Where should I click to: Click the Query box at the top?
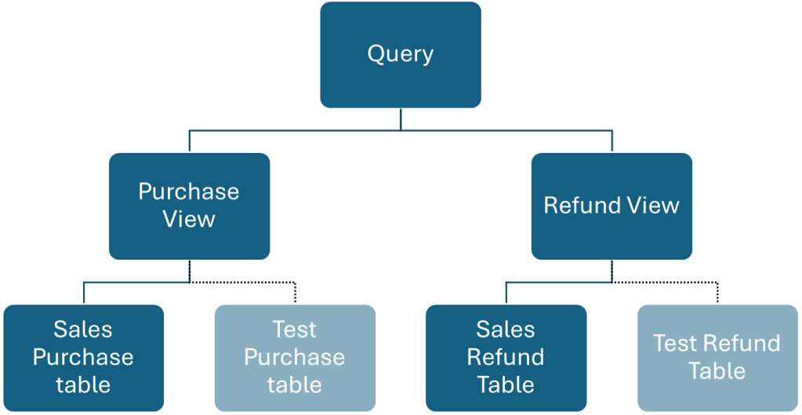400,55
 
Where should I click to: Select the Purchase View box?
189,206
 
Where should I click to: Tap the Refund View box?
611,206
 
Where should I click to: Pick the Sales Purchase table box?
83,357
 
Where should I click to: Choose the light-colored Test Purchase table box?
295,357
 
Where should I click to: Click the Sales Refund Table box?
506,357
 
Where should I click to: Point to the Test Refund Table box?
717,357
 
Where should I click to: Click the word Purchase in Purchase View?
189,191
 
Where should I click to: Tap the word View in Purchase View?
189,219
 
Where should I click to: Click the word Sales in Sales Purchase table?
83,329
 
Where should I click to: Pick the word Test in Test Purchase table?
295,329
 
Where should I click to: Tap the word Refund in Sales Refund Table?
506,357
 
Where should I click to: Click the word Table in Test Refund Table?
717,370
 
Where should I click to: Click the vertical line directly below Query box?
401,118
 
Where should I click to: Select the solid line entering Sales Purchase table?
84,293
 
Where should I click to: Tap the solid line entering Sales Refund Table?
506,293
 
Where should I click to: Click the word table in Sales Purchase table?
83,384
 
